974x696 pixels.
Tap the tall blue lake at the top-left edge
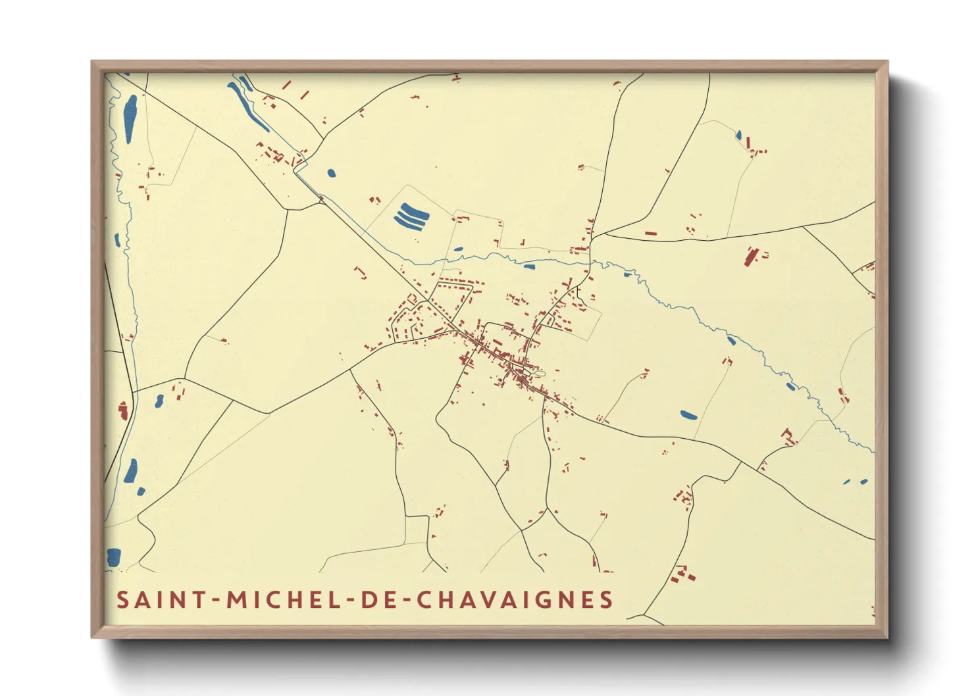click(130, 118)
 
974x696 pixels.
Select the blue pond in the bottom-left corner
click(114, 557)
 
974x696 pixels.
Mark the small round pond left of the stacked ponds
click(331, 174)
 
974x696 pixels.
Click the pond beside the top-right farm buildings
click(739, 136)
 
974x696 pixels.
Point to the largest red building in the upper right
click(750, 256)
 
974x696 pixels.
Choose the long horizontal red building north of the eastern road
click(650, 233)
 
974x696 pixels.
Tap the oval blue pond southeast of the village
click(688, 415)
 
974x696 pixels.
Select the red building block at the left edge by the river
click(122, 410)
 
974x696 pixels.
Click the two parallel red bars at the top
click(295, 90)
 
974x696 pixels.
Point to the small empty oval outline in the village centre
click(540, 374)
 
